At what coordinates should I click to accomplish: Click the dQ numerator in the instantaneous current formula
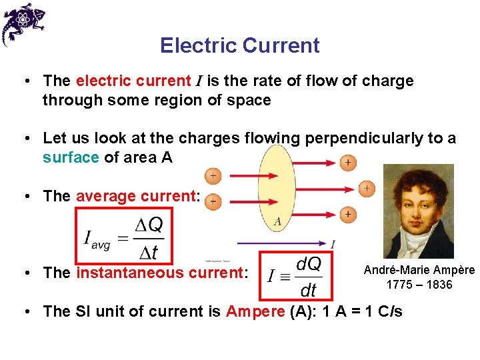tap(308, 265)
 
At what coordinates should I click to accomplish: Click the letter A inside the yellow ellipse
tap(277, 221)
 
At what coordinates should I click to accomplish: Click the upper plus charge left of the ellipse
tap(213, 176)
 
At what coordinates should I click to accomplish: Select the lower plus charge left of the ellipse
tap(213, 201)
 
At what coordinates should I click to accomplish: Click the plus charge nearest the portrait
tap(366, 189)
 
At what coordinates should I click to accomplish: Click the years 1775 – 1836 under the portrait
tap(419, 285)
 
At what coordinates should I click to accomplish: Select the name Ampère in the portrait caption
tap(452, 270)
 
